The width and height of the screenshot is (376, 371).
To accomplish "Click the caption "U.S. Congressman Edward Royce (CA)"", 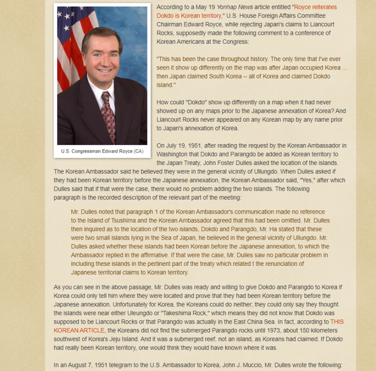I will pos(102,152).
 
